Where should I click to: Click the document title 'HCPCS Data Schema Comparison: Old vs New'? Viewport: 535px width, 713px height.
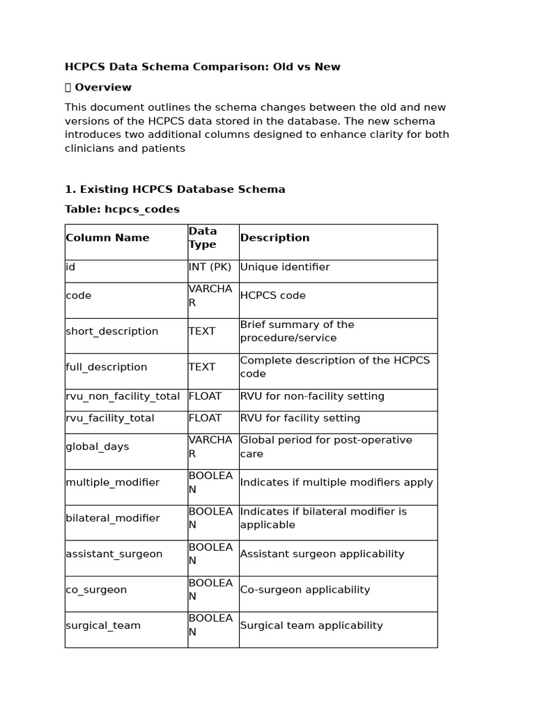pos(203,67)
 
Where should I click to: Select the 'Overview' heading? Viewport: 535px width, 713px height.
pos(102,87)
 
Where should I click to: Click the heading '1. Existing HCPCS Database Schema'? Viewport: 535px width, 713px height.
pos(175,189)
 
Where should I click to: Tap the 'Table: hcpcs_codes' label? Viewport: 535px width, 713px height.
pos(122,209)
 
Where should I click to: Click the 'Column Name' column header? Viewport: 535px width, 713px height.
pos(107,238)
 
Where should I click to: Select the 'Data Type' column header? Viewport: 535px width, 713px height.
pos(203,238)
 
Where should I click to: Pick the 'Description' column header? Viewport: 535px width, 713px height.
pos(274,238)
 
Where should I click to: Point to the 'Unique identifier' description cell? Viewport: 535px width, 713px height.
pos(285,267)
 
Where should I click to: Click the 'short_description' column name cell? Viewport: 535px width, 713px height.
pos(112,331)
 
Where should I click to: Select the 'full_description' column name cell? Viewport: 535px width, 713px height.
pos(107,367)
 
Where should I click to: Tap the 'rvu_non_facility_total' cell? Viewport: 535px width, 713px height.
pos(123,396)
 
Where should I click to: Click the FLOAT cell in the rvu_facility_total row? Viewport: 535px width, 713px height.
pos(205,418)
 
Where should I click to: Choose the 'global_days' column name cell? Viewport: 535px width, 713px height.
pos(98,447)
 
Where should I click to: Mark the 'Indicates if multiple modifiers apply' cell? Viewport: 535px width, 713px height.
pos(336,483)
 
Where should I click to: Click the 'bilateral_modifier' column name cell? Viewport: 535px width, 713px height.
pos(112,518)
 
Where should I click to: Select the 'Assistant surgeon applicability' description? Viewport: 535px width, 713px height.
pos(322,554)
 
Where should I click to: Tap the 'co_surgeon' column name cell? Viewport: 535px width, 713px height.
pos(96,590)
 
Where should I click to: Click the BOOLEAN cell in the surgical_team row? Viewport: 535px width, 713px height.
pos(210,625)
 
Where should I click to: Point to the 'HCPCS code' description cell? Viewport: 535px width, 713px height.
pos(272,296)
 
